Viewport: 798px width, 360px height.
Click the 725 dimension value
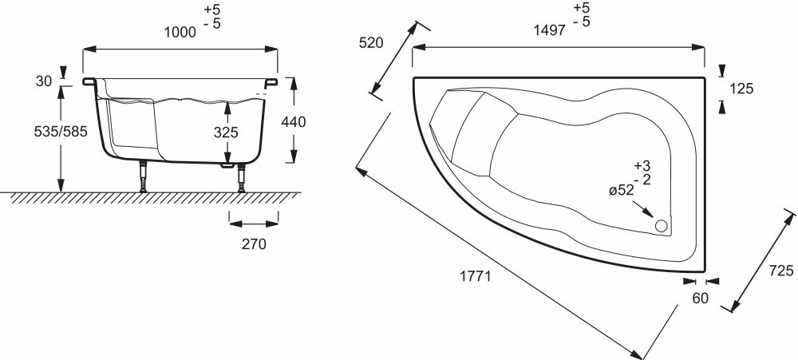point(784,271)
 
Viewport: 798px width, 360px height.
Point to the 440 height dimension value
point(294,121)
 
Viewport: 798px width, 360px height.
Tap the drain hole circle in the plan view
point(662,226)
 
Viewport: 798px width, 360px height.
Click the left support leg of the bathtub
point(144,176)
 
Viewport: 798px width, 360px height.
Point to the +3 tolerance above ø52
point(642,165)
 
